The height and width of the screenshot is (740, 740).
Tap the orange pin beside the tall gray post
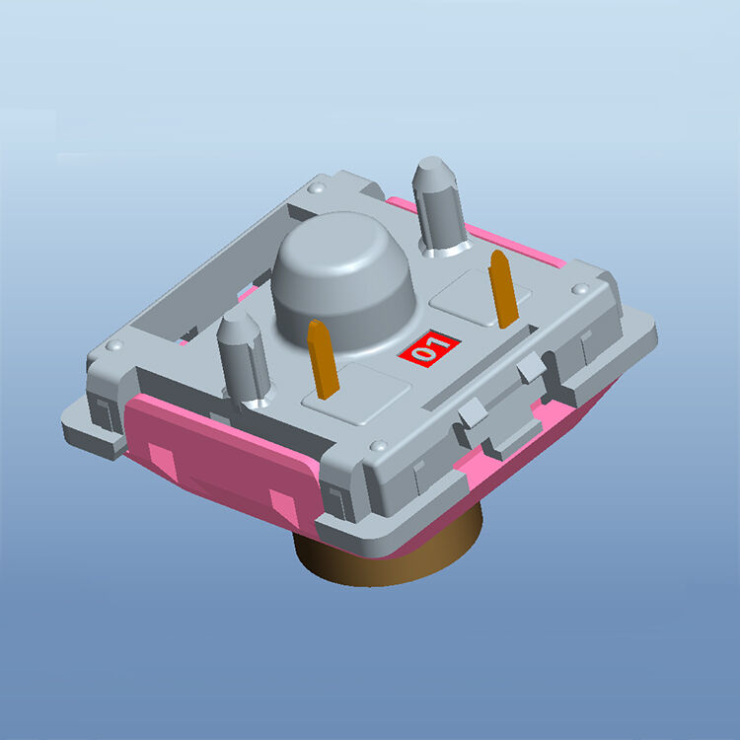pos(502,288)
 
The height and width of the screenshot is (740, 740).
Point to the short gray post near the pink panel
pos(243,356)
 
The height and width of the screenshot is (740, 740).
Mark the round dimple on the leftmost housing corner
pos(114,347)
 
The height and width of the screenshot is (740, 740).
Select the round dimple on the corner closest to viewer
pos(378,445)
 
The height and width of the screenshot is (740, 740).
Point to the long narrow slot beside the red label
pos(493,373)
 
